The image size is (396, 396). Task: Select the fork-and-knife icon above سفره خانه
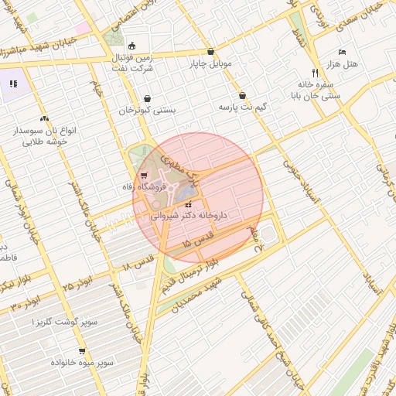tap(314, 72)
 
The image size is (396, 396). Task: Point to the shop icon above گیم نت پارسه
tap(243, 96)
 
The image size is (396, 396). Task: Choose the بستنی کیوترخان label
tap(147, 110)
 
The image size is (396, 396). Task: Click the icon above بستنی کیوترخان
tap(147, 98)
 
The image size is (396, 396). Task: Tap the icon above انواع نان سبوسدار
tap(44, 120)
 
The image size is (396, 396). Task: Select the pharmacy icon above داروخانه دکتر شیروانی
tap(189, 204)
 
